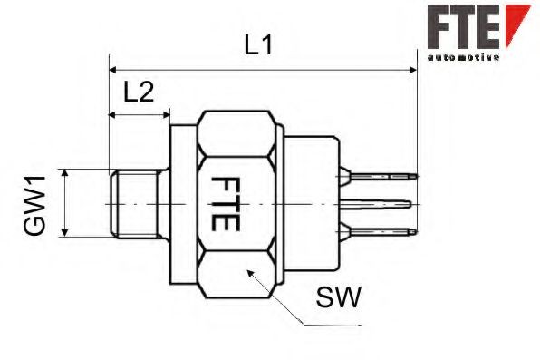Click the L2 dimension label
[139, 91]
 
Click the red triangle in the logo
[516, 20]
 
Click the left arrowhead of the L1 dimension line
[113, 68]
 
